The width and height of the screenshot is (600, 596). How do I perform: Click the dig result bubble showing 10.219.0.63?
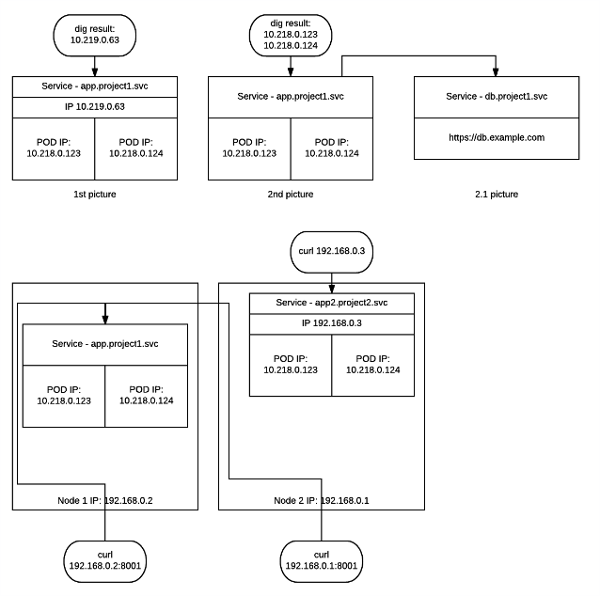click(x=96, y=37)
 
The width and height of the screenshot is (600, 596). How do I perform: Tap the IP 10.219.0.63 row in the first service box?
click(x=95, y=106)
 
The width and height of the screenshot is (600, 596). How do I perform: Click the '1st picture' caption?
click(x=95, y=194)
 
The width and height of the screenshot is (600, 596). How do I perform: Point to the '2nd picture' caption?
click(x=291, y=194)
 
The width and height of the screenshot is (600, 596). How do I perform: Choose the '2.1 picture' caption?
click(x=497, y=194)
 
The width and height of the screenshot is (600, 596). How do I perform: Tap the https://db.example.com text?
click(x=497, y=137)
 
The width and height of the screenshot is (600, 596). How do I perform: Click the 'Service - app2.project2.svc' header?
click(x=332, y=303)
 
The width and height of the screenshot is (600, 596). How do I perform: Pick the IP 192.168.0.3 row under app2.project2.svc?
click(x=332, y=322)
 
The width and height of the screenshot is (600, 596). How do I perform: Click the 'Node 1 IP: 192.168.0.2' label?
click(x=103, y=500)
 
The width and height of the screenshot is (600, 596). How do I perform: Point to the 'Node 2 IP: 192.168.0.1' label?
click(x=322, y=500)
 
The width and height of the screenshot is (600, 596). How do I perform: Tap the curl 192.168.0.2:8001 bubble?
click(x=103, y=560)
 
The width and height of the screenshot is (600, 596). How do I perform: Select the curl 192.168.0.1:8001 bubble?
click(x=322, y=560)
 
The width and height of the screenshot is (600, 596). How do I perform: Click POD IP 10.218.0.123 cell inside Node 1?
click(x=64, y=395)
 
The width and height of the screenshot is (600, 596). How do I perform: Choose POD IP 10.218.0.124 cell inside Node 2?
click(x=373, y=364)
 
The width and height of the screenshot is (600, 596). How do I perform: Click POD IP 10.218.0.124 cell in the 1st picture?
click(x=136, y=147)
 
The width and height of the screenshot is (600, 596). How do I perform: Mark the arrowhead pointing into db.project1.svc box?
click(x=497, y=73)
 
